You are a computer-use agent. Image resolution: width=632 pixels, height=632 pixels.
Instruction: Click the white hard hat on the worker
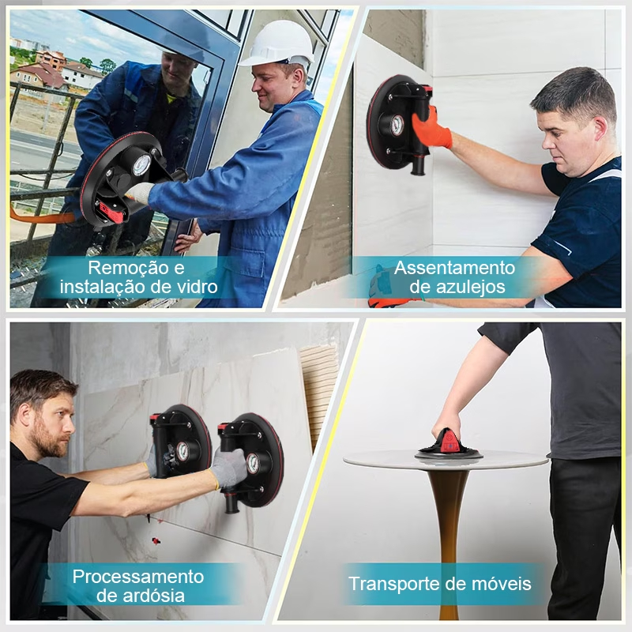point(277,45)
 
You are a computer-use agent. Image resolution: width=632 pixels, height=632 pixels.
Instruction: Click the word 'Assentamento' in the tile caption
point(455,268)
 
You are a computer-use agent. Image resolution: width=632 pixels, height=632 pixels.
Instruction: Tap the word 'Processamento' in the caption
point(137,577)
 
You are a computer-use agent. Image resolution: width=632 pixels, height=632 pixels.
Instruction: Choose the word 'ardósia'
point(153,596)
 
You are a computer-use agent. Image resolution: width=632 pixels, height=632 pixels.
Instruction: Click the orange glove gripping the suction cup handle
point(431,128)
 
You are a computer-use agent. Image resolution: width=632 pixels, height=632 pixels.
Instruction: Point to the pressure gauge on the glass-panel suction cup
point(141,165)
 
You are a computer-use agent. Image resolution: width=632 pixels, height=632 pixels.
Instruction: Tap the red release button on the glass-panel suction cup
point(109,212)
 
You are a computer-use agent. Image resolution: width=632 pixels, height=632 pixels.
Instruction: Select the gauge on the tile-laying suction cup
point(397,125)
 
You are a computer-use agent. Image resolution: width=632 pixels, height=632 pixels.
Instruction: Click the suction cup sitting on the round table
point(449,446)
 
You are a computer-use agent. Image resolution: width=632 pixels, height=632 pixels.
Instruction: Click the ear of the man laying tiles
point(600,128)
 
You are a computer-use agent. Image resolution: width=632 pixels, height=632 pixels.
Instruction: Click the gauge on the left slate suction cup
point(182,451)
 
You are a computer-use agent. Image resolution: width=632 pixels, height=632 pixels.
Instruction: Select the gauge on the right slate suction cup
point(253,464)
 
